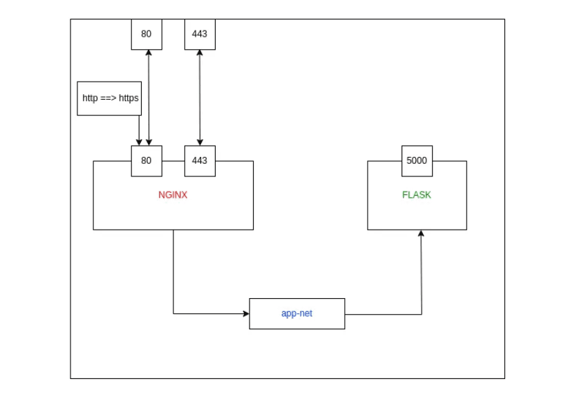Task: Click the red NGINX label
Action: point(172,195)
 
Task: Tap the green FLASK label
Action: point(416,195)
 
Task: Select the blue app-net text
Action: point(296,313)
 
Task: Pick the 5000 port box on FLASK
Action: point(417,160)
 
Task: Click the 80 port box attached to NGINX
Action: point(147,160)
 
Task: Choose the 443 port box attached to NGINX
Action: point(200,160)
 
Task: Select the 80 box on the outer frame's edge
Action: point(147,34)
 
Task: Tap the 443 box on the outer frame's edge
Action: point(200,34)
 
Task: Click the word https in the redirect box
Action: point(129,98)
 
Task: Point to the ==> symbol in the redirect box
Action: point(109,98)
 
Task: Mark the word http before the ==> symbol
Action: point(91,98)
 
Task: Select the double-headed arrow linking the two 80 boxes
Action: point(149,97)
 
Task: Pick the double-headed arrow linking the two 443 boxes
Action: point(200,97)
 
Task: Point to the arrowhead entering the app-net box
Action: point(245,313)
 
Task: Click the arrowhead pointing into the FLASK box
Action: point(421,234)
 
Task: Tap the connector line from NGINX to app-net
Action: point(173,277)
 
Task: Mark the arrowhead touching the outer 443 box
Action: point(200,53)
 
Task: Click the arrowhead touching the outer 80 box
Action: point(149,53)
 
